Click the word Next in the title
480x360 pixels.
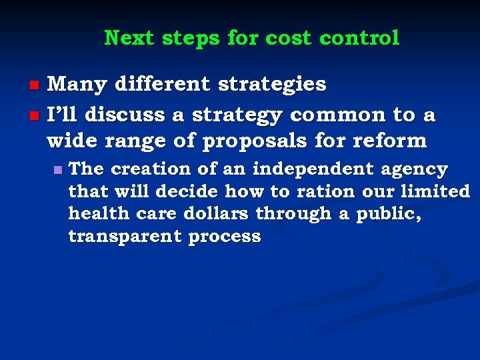coord(129,38)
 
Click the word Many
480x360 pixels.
coord(77,85)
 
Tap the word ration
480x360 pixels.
coord(326,191)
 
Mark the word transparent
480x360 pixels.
coord(125,236)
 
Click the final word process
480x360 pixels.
coord(225,237)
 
